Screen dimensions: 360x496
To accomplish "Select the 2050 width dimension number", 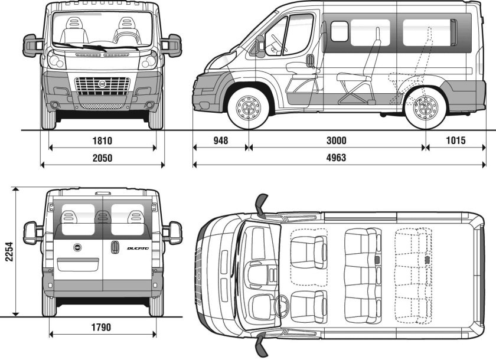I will point(102,158).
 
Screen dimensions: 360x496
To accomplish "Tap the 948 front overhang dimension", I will point(220,140).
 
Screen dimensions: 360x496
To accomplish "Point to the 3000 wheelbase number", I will point(336,140).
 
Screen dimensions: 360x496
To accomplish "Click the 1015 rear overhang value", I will point(456,140).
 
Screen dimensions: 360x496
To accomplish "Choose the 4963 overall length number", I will point(336,158).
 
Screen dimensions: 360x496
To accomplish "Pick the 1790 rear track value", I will point(102,326).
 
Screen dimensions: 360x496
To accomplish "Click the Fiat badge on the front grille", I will point(102,86).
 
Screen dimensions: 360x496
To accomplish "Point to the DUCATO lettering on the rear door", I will point(139,248).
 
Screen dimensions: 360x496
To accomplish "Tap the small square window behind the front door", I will point(339,31).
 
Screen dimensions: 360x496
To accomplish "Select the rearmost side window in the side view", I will point(429,32).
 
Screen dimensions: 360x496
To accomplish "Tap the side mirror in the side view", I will point(260,45).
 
